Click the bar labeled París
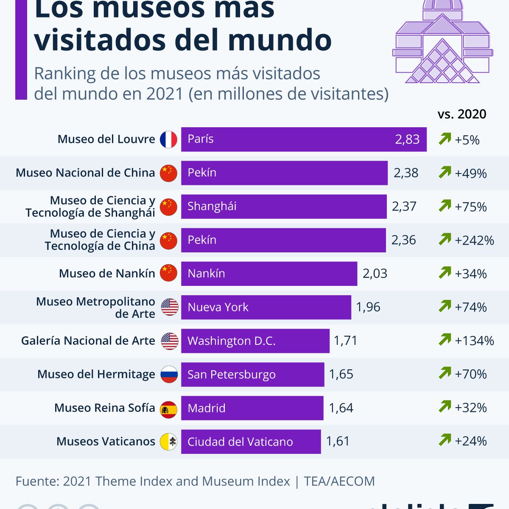(x=303, y=139)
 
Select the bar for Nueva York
(x=266, y=307)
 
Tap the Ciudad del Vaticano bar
(x=251, y=442)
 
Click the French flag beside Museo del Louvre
(x=168, y=140)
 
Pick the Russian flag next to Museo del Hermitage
(x=169, y=375)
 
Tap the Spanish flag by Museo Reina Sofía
(x=169, y=408)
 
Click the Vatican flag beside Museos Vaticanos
(x=169, y=442)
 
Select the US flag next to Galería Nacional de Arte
(x=170, y=341)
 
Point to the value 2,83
(x=407, y=139)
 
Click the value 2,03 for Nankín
(x=375, y=274)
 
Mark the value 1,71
(x=345, y=341)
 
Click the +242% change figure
(x=474, y=241)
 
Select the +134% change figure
(x=474, y=341)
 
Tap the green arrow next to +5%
(x=445, y=139)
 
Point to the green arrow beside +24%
(x=445, y=440)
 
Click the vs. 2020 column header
(x=462, y=114)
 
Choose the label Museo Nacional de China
(x=85, y=173)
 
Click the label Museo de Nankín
(x=107, y=274)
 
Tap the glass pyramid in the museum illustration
(x=442, y=63)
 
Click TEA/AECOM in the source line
(x=339, y=481)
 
